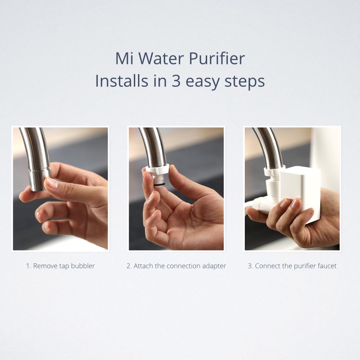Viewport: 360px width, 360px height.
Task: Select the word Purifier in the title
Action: click(217, 58)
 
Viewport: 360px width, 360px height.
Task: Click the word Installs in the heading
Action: click(122, 81)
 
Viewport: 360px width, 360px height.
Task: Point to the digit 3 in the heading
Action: click(176, 81)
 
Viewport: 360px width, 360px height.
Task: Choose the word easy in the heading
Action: click(202, 83)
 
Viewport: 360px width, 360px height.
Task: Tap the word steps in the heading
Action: click(244, 82)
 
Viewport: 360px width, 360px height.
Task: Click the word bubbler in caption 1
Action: click(83, 266)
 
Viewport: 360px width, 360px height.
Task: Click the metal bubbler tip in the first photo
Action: click(38, 180)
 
